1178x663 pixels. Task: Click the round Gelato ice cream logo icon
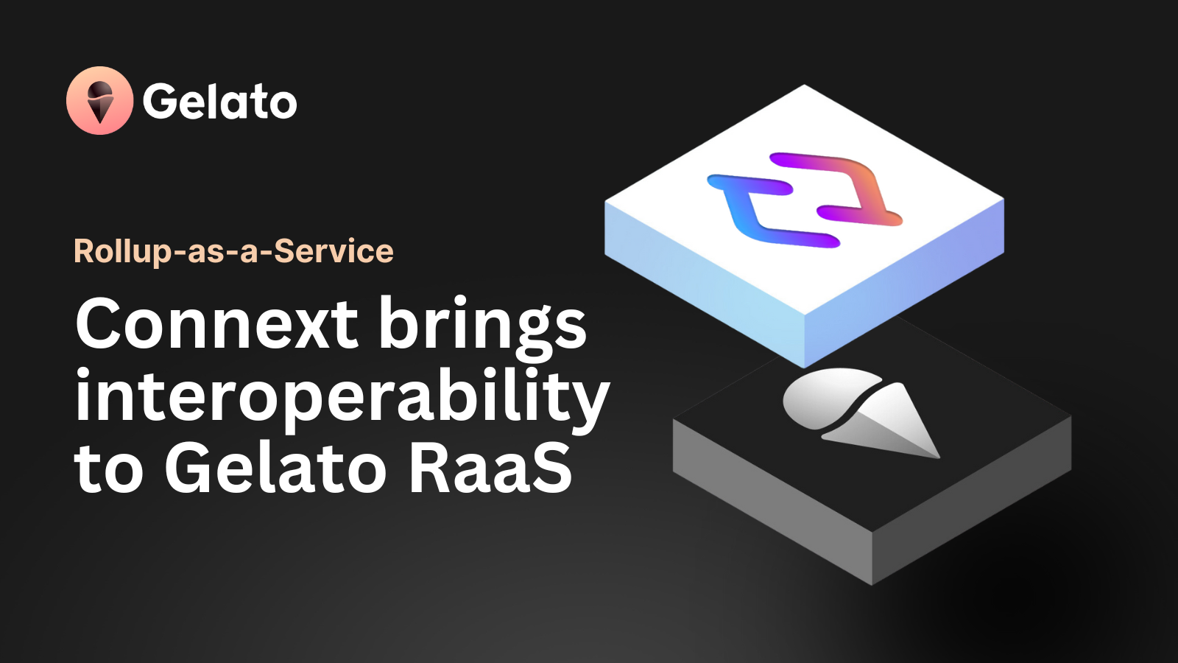[x=100, y=100]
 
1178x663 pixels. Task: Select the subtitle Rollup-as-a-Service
[x=233, y=251]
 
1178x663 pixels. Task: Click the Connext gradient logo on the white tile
[x=805, y=200]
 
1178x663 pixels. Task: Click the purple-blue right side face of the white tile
[x=905, y=284]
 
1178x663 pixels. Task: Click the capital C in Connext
[x=100, y=323]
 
